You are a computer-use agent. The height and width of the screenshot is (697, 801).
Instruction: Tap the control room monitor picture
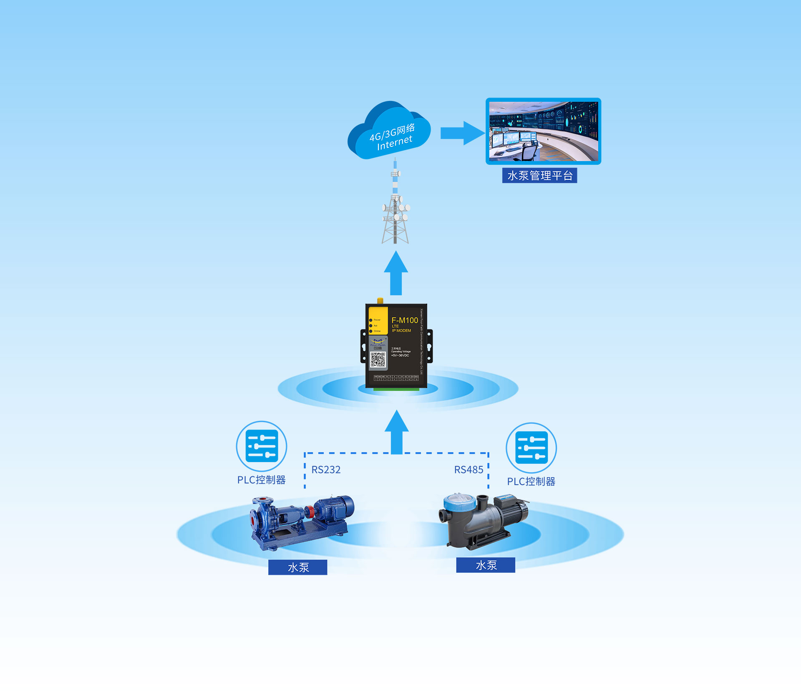(x=543, y=131)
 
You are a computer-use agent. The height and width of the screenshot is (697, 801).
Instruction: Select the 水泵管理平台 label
(x=539, y=176)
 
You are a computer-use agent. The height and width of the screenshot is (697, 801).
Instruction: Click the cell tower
(x=395, y=209)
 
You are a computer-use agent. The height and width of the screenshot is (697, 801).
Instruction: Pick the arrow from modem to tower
(x=396, y=273)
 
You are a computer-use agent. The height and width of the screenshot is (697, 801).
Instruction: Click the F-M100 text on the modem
(x=404, y=320)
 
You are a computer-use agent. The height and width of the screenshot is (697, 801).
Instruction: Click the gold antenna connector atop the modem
(x=380, y=301)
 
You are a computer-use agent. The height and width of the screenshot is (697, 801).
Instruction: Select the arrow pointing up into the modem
(x=396, y=432)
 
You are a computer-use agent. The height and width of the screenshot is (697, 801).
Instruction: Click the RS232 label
(x=326, y=470)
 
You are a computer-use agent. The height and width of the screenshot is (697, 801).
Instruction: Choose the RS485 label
(x=469, y=470)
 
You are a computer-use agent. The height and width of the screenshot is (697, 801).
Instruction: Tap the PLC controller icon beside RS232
(x=262, y=446)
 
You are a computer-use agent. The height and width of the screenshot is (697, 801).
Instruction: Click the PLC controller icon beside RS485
(x=531, y=448)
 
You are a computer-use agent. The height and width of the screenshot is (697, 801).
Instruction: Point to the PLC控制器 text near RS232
(x=262, y=480)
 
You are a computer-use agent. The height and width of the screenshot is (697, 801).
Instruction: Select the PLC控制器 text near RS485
(x=531, y=482)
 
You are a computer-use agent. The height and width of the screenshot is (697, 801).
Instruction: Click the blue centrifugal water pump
(x=300, y=521)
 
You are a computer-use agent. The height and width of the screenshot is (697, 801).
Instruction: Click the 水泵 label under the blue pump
(x=298, y=567)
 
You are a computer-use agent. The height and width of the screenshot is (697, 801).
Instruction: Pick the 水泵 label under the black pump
(x=486, y=565)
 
